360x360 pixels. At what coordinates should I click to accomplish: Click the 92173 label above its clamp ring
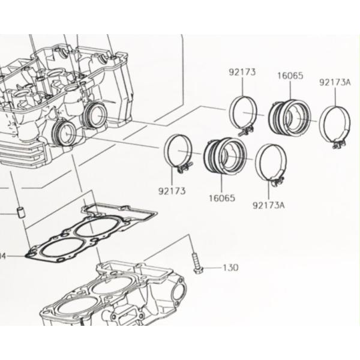(x=242, y=73)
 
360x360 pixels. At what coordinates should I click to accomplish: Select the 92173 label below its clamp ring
(x=172, y=191)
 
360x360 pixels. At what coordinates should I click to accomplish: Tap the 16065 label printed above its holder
(x=290, y=76)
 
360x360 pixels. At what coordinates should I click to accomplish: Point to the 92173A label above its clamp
(x=335, y=82)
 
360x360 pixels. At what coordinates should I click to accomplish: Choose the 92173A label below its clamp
(x=268, y=205)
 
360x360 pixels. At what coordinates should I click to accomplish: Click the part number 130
(x=230, y=268)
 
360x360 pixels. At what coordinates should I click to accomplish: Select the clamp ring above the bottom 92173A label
(x=270, y=163)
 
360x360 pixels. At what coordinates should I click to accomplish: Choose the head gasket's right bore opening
(x=89, y=229)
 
